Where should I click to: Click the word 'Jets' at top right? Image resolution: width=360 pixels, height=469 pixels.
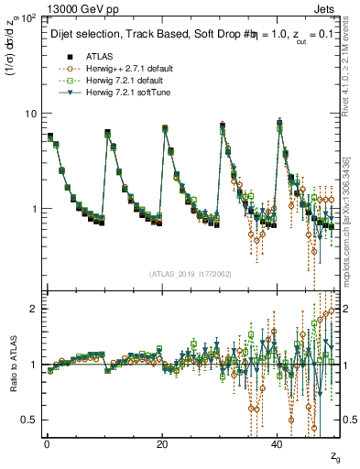[x=327, y=6]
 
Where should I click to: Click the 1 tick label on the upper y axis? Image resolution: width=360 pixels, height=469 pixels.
[x=34, y=209]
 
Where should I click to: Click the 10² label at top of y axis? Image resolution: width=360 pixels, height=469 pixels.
[x=29, y=17]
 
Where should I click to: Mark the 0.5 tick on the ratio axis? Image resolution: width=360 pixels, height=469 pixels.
[x=30, y=420]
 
